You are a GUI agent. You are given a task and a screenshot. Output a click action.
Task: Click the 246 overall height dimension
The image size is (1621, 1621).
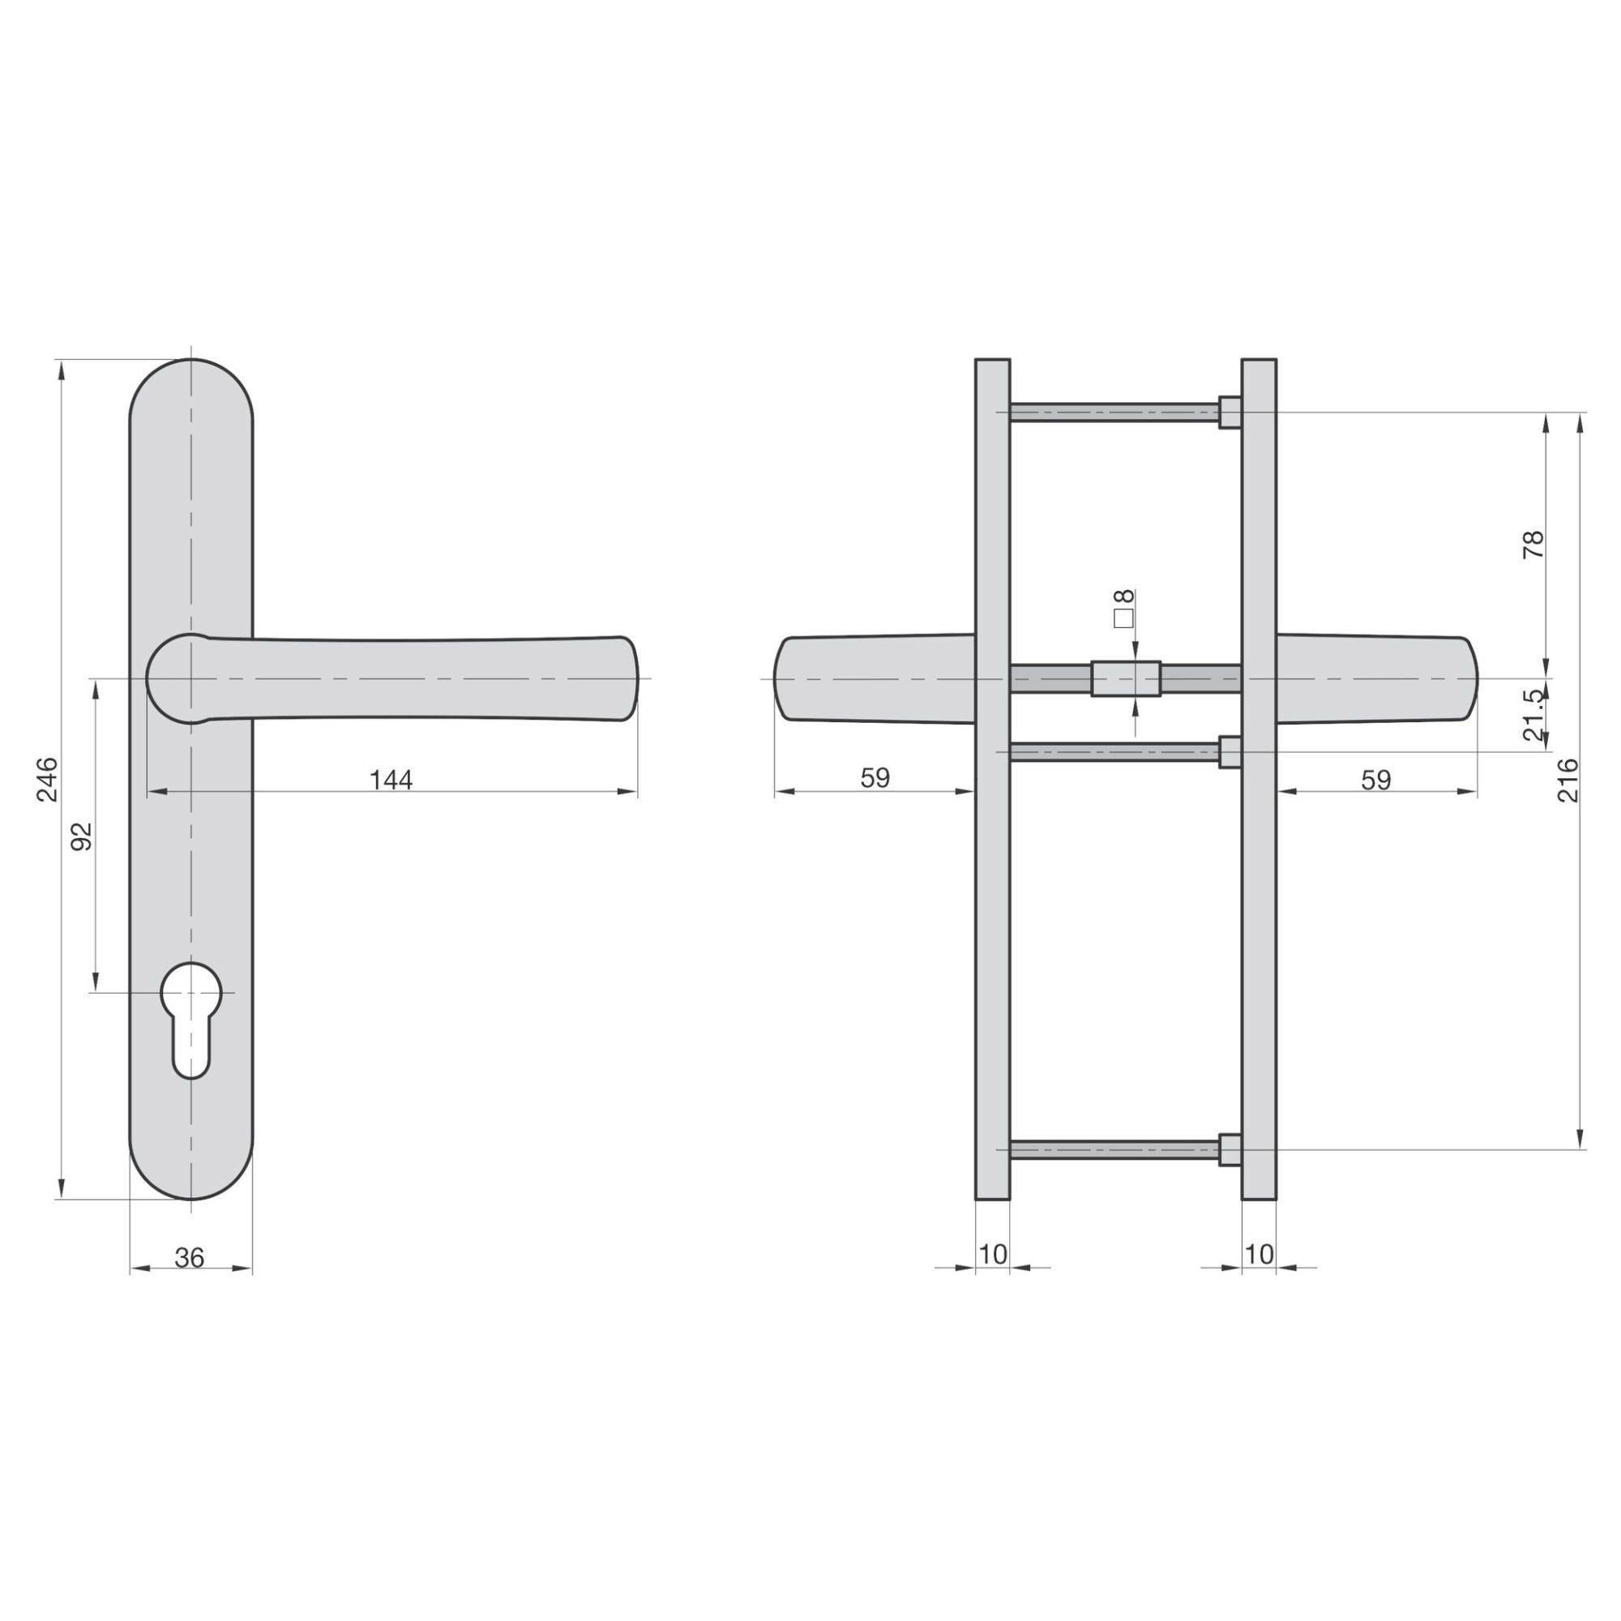pos(48,779)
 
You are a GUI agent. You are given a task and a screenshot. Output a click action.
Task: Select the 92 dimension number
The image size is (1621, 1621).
pos(80,836)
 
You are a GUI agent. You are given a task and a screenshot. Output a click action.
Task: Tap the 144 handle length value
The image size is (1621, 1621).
pos(391,781)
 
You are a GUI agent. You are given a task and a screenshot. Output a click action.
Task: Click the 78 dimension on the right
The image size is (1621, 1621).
pos(1532,545)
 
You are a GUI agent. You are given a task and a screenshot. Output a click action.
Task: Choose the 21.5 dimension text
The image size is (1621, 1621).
pos(1532,715)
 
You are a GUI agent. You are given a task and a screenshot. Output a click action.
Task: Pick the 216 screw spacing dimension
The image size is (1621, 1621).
pos(1568,780)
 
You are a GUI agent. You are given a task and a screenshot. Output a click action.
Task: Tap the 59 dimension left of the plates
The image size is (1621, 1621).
pos(875,778)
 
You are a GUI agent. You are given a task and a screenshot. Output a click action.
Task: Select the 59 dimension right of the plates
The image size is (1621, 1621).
pos(1375,781)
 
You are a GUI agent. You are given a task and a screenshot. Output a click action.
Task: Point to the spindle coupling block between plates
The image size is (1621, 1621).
pos(1126,678)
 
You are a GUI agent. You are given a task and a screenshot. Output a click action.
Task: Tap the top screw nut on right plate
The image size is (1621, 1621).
pos(1230,411)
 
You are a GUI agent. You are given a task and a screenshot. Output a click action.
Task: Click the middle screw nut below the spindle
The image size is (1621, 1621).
pos(1230,752)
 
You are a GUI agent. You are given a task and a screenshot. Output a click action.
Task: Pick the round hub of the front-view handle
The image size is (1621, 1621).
pos(177,678)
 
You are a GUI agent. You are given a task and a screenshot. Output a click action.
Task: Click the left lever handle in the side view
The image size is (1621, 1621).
pos(873,678)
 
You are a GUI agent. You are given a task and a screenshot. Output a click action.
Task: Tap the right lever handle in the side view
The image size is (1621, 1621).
pos(1376,678)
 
